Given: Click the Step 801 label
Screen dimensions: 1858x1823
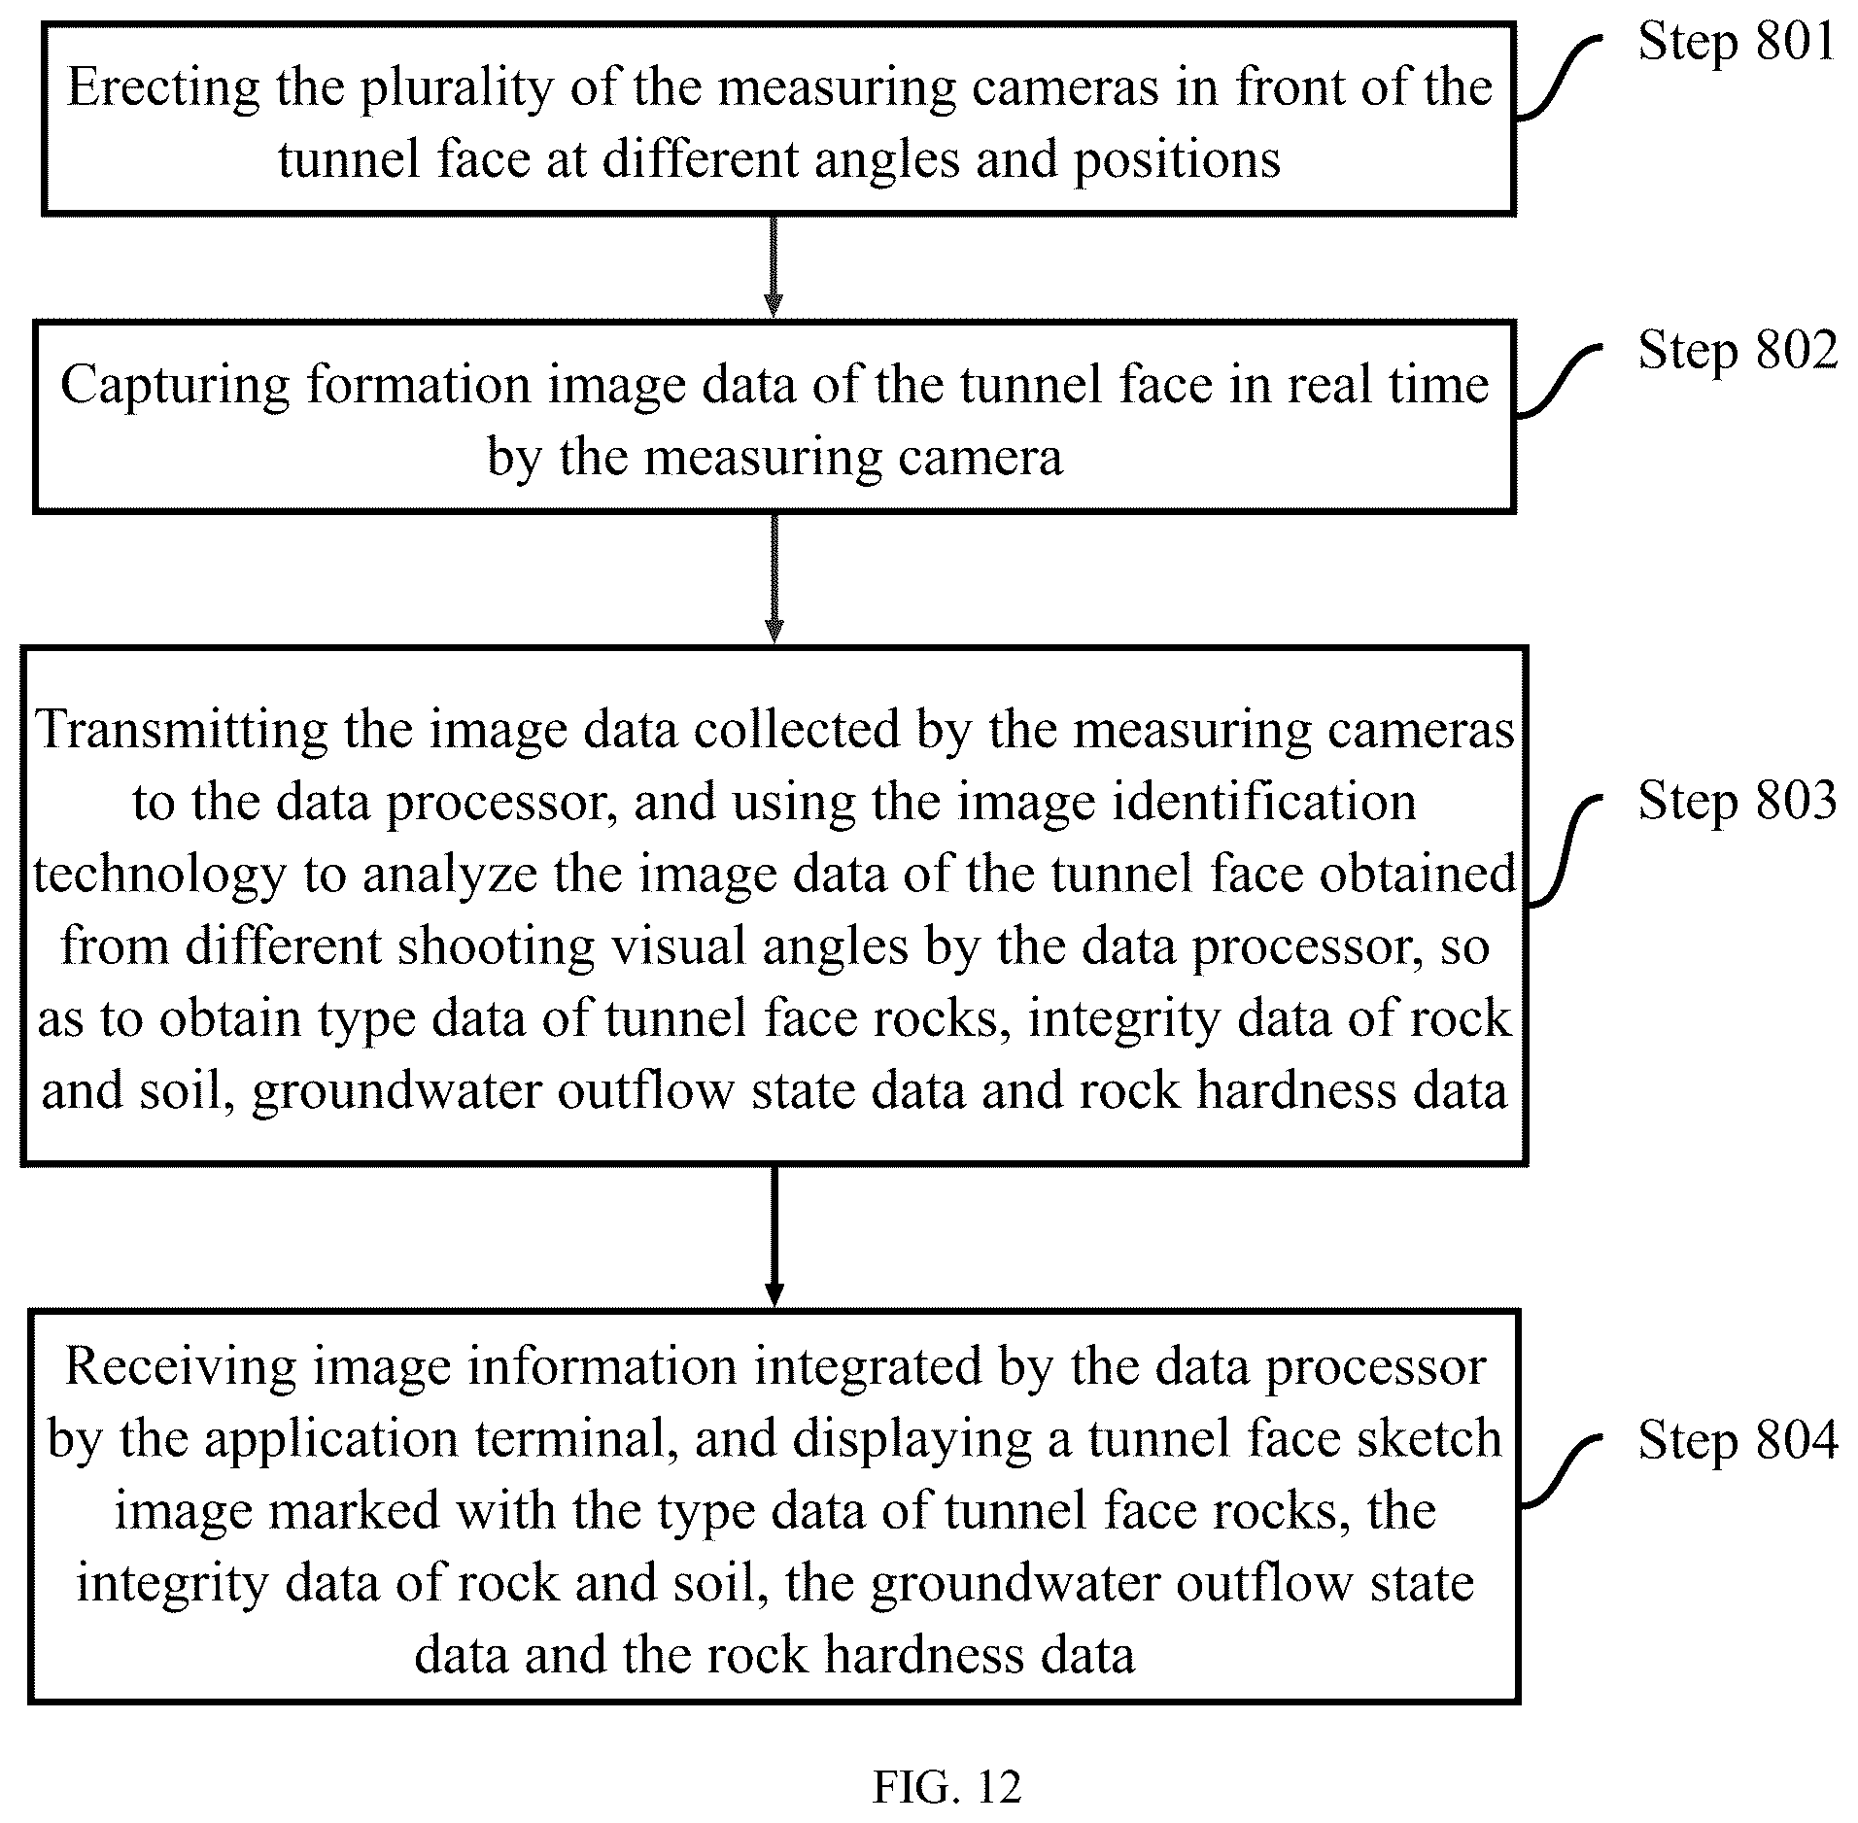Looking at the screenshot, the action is tap(1737, 42).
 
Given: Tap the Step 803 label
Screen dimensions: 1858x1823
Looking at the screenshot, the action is tap(1738, 801).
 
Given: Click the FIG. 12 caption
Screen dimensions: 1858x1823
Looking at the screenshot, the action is tap(946, 1786).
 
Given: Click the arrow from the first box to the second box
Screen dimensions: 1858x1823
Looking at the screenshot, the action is tap(774, 266).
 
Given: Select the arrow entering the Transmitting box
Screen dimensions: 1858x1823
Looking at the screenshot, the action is tap(774, 578).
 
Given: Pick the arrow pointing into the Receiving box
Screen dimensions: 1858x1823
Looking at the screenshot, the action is tap(774, 1236).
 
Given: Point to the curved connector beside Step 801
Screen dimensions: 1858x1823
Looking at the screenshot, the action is tap(1557, 79).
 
